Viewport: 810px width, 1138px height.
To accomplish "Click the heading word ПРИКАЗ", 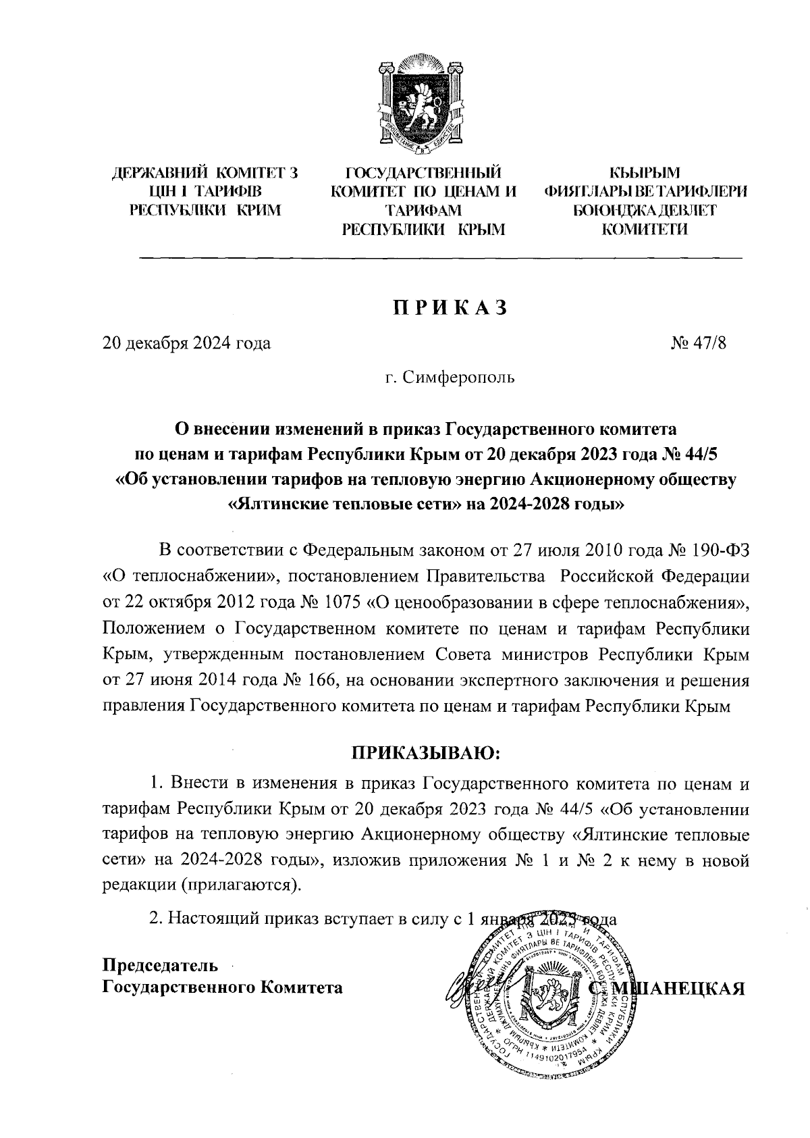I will point(450,308).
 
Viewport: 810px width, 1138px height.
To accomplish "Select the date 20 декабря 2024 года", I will point(186,344).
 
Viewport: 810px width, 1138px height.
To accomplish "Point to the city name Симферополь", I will point(458,377).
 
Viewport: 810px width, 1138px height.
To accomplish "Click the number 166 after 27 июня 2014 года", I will point(325,681).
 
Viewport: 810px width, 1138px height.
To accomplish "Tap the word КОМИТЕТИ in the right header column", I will point(645,230).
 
